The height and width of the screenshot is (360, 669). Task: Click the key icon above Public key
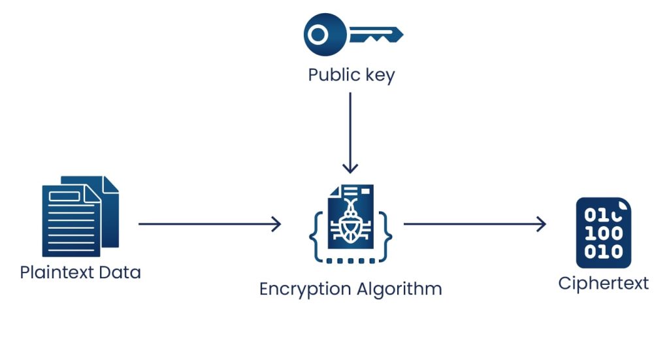(353, 34)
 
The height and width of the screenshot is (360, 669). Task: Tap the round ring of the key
(319, 34)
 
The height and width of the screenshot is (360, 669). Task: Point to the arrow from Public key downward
(350, 131)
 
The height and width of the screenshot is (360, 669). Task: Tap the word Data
(120, 272)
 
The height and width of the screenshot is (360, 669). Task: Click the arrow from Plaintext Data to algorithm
(209, 224)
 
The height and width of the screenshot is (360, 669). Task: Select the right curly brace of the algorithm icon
(386, 232)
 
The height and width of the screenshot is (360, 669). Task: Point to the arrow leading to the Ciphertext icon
(474, 224)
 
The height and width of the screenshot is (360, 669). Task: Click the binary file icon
(603, 233)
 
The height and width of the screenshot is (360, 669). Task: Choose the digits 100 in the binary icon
(603, 233)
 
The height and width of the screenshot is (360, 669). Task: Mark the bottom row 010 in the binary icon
(603, 252)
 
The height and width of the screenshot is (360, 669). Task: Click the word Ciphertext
(603, 283)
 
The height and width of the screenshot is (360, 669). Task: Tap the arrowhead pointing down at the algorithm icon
(350, 169)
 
